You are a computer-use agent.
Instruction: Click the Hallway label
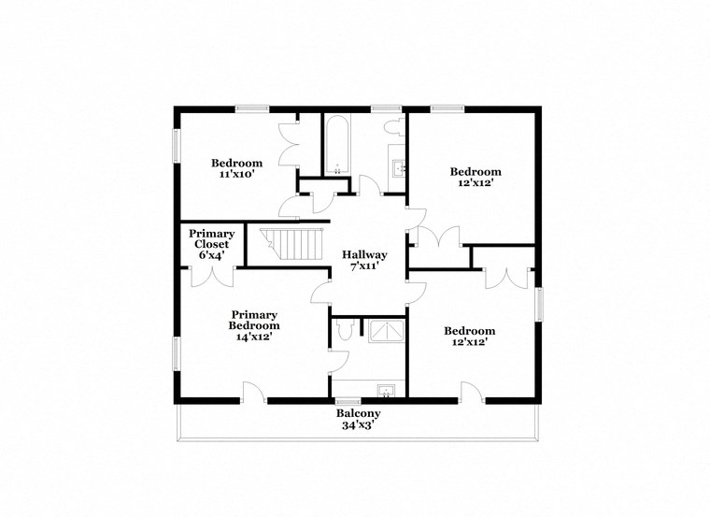coord(364,254)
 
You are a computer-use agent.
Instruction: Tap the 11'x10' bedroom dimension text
coord(237,174)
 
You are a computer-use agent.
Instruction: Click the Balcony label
coord(359,413)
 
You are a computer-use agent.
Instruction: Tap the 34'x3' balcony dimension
coord(359,425)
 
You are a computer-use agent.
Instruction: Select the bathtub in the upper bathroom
coord(337,146)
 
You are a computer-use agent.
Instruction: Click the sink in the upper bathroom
coord(398,169)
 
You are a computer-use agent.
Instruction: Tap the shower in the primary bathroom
coord(385,329)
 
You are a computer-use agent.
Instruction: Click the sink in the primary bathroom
coord(384,390)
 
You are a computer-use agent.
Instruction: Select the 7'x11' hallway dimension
coord(364,266)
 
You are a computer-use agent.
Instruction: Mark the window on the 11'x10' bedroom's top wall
coord(252,109)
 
